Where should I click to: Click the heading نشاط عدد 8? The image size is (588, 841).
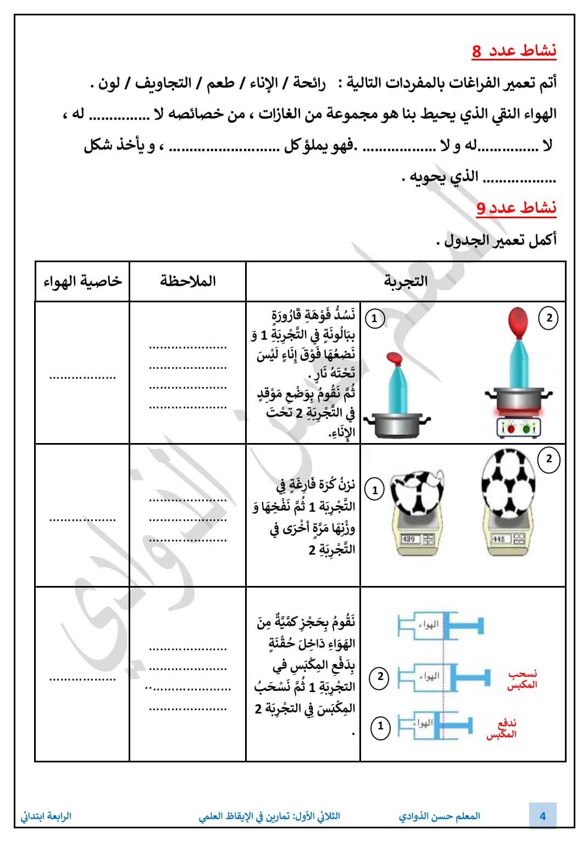[514, 51]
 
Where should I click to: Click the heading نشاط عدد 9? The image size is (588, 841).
[516, 208]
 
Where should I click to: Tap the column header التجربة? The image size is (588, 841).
[406, 281]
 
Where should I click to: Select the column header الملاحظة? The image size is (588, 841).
[188, 281]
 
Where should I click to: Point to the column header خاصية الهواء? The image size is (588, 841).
[82, 281]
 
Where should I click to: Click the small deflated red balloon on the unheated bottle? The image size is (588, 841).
[395, 358]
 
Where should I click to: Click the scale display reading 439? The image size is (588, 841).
[409, 539]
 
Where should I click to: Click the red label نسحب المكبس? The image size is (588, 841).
[522, 679]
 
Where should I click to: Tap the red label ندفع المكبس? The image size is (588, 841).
[501, 729]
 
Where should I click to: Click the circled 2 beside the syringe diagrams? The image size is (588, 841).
[380, 677]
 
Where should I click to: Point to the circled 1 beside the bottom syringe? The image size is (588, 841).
[380, 726]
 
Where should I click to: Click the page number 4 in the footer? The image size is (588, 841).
[542, 816]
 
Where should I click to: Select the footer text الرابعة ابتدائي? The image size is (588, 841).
[46, 816]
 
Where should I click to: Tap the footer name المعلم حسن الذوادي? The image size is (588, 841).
[440, 816]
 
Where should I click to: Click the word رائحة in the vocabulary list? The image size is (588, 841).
[309, 83]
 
